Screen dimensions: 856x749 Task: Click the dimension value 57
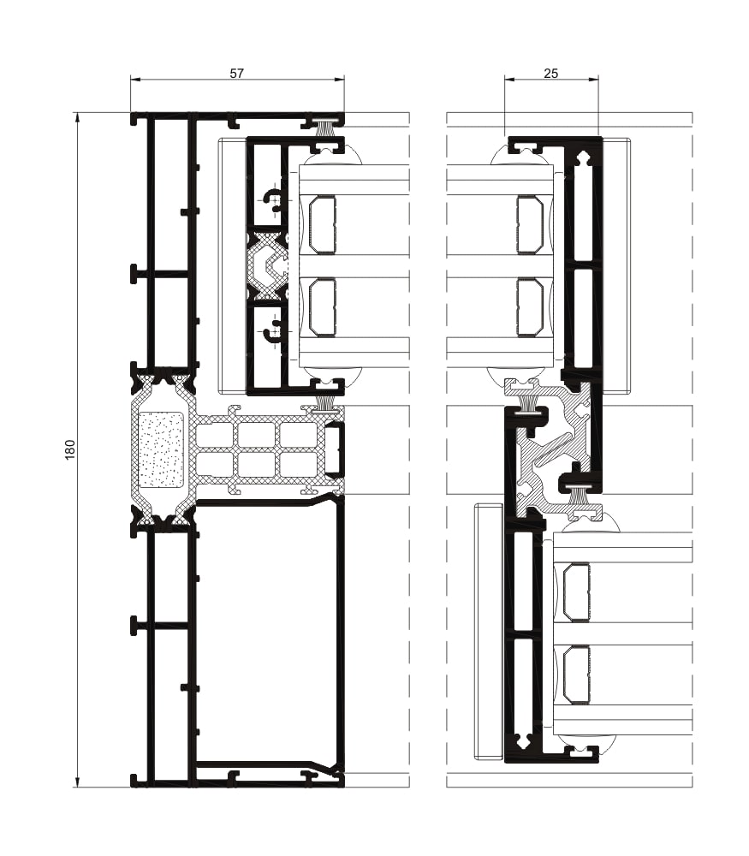tap(237, 74)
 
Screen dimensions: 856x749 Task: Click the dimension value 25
tap(551, 74)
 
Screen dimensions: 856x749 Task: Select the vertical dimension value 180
tap(70, 449)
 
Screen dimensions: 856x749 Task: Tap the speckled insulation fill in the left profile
tap(161, 450)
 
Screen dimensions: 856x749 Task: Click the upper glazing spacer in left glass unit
tap(323, 225)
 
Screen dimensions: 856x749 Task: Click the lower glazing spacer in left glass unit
tap(323, 307)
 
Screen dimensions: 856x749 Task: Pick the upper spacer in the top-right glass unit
tap(530, 225)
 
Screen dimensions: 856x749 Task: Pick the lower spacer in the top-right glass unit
tap(530, 307)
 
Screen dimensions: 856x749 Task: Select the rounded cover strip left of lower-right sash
tap(489, 632)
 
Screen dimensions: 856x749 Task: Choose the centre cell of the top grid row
tap(256, 436)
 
